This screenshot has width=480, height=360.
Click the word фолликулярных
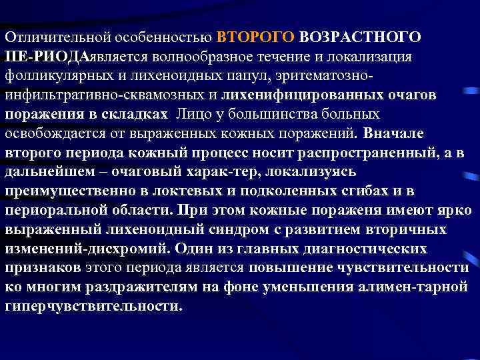tap(55, 74)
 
